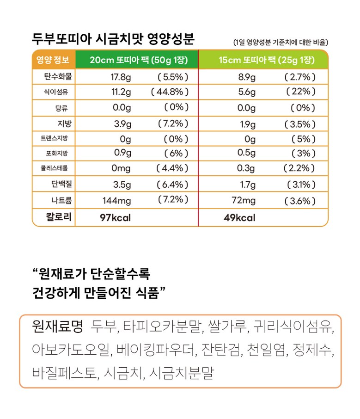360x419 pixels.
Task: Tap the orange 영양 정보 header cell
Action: coord(53,60)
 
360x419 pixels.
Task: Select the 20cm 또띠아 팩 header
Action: coord(136,60)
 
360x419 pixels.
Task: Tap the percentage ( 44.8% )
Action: coord(170,92)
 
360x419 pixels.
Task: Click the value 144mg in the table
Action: coord(117,201)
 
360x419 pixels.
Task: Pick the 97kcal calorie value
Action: coord(115,217)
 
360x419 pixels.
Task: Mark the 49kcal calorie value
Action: coord(239,217)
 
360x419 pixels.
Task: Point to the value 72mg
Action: coord(244,201)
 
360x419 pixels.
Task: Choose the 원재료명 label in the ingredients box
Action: coord(57,327)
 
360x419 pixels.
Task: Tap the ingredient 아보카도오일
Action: coord(72,350)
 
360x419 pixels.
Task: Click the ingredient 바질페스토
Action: coord(65,373)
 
